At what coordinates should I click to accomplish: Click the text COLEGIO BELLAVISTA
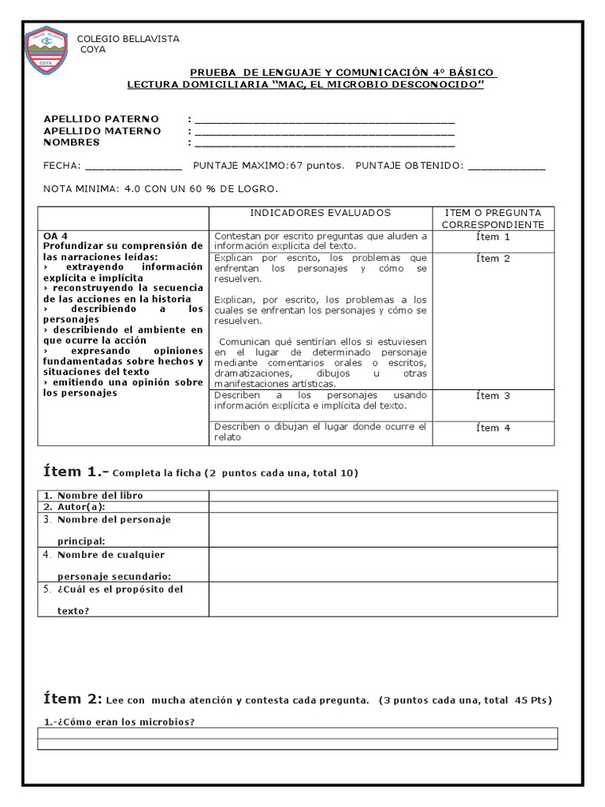click(x=127, y=39)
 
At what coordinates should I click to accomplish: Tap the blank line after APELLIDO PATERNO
click(x=324, y=121)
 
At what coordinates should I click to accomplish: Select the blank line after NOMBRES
click(x=324, y=144)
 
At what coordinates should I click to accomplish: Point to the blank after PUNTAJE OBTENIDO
click(x=506, y=167)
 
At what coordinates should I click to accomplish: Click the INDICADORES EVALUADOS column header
click(x=320, y=214)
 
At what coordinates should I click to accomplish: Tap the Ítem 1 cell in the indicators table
click(x=493, y=237)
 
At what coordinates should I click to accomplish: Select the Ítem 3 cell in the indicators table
click(x=493, y=396)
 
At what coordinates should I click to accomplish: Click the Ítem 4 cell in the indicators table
click(x=493, y=428)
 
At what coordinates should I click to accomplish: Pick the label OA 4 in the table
click(x=56, y=236)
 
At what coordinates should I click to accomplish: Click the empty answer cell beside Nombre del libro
click(x=383, y=496)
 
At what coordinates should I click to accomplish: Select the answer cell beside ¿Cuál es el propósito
click(x=383, y=600)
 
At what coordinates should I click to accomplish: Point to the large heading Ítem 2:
click(x=72, y=699)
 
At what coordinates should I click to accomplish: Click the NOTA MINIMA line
click(x=161, y=190)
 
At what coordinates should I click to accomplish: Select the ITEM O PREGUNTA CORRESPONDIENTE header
click(x=493, y=219)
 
